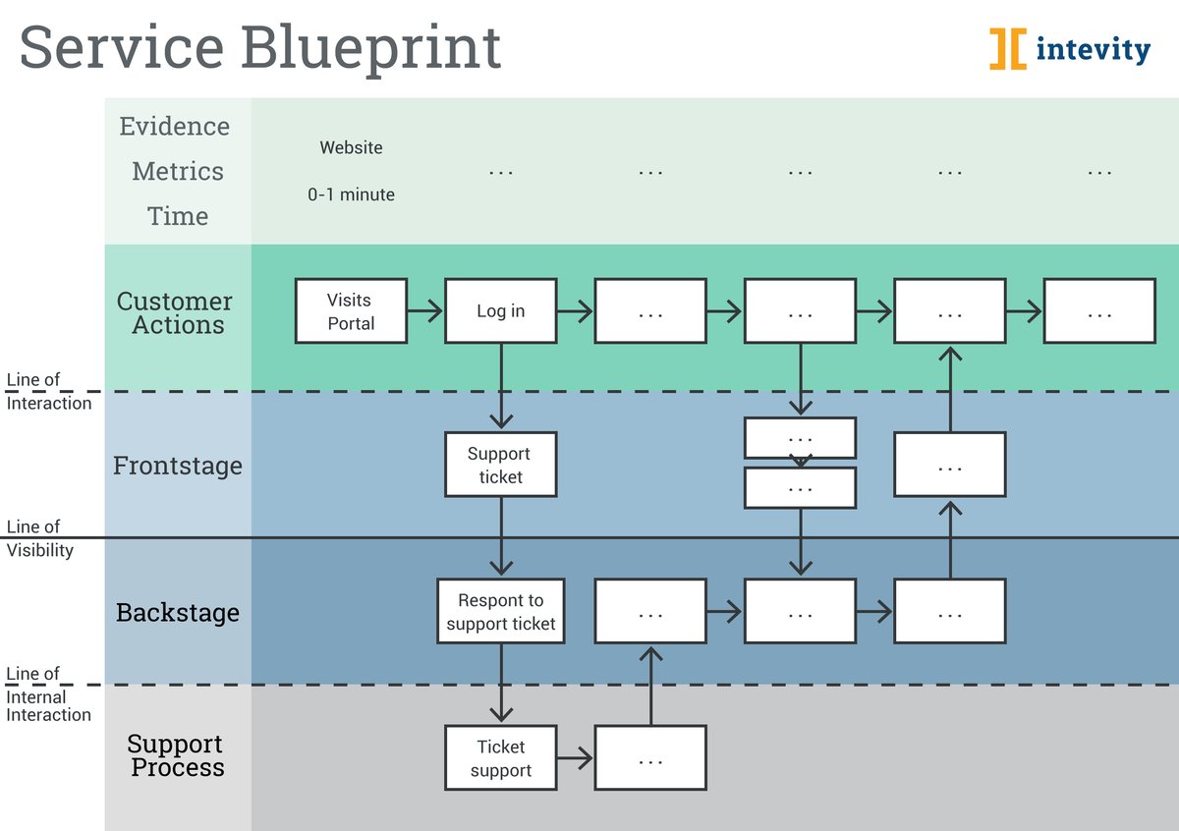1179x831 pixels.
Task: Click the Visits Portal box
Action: click(351, 311)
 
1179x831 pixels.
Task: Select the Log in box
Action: click(500, 311)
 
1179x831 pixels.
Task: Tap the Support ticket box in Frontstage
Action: click(500, 465)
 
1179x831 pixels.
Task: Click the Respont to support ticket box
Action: click(500, 611)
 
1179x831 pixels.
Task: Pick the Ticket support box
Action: click(500, 758)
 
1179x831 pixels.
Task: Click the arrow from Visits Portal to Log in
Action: click(425, 311)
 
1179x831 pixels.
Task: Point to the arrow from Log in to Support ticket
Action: click(501, 387)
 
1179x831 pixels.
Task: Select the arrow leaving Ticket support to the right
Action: click(576, 758)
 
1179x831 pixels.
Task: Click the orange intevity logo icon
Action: click(1007, 48)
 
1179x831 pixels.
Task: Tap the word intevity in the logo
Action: click(1093, 49)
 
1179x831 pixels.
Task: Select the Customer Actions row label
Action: click(175, 313)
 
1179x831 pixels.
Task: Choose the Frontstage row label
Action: click(177, 466)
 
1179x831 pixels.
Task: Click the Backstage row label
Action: click(177, 613)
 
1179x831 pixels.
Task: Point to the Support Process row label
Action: click(177, 756)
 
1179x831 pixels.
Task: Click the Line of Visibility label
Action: click(39, 539)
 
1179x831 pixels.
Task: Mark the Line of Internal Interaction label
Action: click(48, 694)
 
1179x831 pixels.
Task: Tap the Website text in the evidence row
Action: click(351, 147)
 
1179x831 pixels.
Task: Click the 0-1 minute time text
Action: click(351, 194)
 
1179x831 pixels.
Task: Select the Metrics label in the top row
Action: click(177, 171)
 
